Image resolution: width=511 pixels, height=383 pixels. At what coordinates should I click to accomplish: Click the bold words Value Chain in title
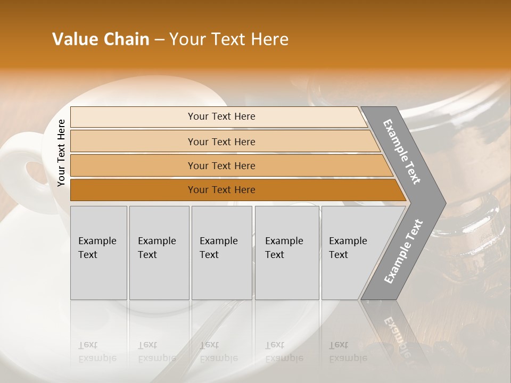coord(101,39)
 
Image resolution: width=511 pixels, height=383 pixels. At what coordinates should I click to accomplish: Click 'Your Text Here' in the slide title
coord(229,39)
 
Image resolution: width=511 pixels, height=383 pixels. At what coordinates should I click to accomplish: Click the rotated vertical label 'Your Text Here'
coord(61,153)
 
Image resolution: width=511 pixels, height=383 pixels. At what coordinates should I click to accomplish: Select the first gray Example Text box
coord(98,253)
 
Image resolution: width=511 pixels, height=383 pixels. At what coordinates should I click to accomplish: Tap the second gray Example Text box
coord(159,253)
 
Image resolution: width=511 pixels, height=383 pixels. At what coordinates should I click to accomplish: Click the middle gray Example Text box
coord(221,253)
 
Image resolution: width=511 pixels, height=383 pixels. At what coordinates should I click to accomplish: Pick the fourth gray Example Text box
coord(287,253)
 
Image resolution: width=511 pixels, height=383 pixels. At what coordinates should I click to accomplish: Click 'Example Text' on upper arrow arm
coord(402,152)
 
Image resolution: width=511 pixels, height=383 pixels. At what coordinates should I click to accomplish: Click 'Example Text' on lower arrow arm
coord(403,251)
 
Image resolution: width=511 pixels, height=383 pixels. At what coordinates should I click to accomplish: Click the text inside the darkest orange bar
coord(221,190)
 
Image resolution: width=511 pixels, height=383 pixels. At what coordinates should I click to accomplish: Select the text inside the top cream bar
coord(221,116)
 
